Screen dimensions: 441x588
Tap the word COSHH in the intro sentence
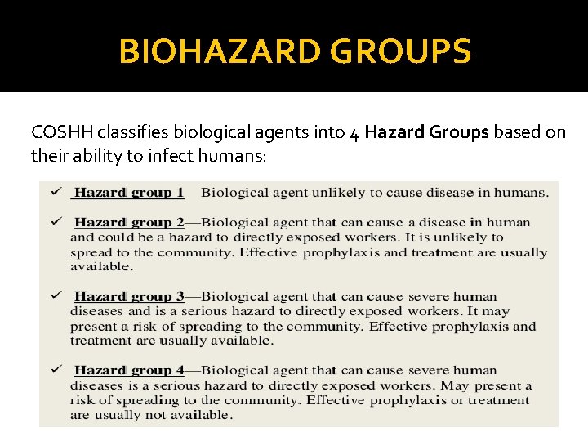point(60,131)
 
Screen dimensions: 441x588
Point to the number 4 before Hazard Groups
point(354,132)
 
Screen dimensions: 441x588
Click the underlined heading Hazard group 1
point(129,193)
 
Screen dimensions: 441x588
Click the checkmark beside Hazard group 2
point(55,220)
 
